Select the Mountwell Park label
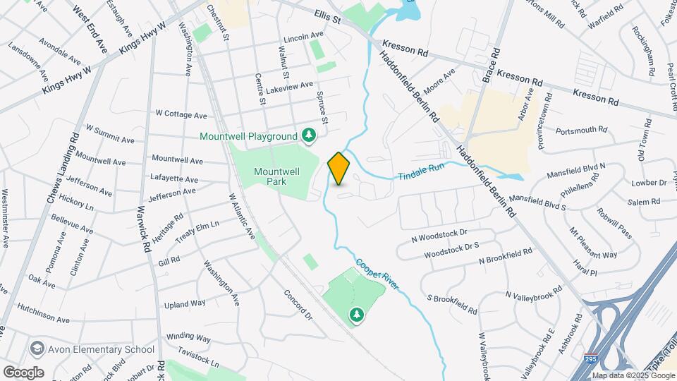click(277, 176)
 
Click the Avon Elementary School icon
click(37, 349)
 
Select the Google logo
click(23, 372)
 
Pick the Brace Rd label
click(492, 64)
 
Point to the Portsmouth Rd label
click(581, 130)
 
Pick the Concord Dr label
click(298, 303)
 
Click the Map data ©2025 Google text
click(633, 375)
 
